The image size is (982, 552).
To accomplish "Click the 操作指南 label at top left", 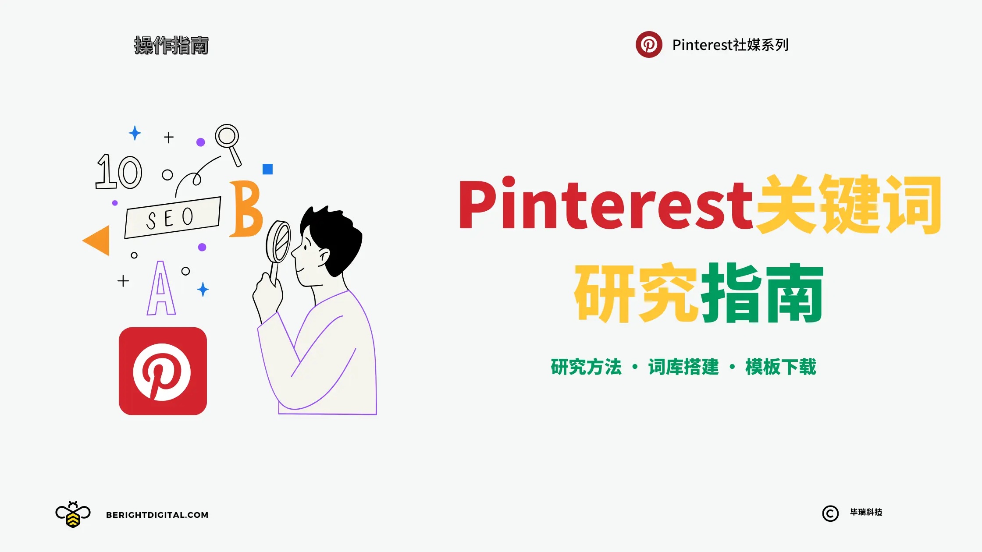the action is [171, 46].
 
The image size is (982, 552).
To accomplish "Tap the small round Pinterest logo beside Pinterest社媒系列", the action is [649, 44].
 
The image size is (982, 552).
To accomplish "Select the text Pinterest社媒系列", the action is [730, 45].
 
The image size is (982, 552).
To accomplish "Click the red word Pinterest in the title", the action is [605, 204].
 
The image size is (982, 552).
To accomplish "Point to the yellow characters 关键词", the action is [849, 204].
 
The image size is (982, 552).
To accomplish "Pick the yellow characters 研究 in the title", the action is [636, 293].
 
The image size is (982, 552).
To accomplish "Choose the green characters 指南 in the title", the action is [762, 293].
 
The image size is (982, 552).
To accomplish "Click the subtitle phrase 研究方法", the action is [586, 367].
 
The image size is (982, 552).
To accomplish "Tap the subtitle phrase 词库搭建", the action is [683, 367].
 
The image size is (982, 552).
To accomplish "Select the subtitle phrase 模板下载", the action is [781, 367].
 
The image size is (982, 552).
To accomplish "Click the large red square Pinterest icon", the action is [163, 371].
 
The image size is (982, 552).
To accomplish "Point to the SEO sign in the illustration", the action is [173, 217].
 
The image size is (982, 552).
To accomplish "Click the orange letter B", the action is [246, 209].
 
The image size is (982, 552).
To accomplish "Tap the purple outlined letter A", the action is [161, 289].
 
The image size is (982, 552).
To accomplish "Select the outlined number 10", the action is [119, 172].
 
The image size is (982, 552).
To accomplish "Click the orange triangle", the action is [96, 240].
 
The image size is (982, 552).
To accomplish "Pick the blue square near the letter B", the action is [267, 169].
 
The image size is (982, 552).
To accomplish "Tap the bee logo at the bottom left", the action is [73, 514].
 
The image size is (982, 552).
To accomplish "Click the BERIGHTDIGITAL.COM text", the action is [157, 515].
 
